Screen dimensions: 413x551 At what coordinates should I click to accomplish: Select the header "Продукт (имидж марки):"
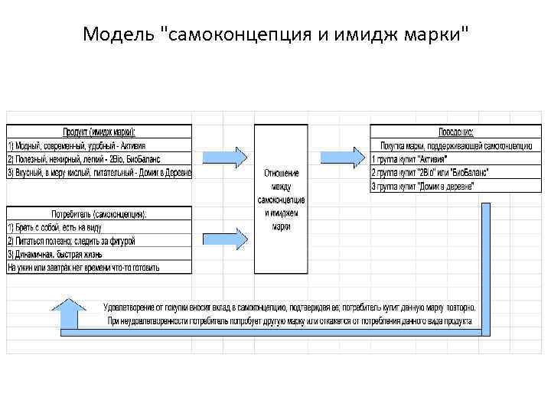point(99,132)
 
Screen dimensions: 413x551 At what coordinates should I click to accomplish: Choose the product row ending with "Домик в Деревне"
point(99,172)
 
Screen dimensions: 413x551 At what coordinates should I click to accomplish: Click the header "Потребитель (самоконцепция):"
point(99,213)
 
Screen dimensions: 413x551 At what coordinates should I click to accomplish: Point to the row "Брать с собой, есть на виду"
point(58,227)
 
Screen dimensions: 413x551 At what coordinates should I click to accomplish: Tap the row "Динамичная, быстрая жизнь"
point(58,254)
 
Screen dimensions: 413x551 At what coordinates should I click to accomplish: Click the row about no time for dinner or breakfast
point(83,268)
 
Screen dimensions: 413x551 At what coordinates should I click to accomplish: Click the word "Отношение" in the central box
point(281,173)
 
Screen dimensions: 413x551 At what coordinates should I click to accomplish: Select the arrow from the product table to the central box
point(225,156)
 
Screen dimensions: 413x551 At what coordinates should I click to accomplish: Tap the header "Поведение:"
point(455,132)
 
